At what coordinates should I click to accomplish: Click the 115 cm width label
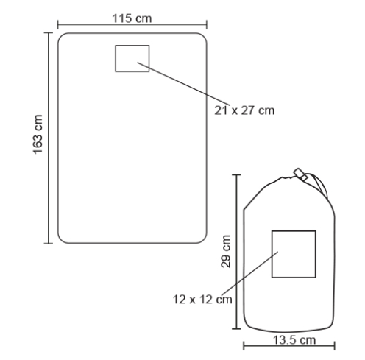click(x=132, y=18)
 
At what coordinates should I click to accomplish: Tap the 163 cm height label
click(x=38, y=134)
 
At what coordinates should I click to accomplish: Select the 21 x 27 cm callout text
click(x=244, y=110)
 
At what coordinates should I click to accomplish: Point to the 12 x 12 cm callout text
click(x=202, y=300)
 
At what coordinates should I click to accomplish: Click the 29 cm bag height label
click(x=226, y=251)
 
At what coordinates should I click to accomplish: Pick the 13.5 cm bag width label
click(x=294, y=340)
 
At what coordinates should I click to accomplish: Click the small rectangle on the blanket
click(x=132, y=46)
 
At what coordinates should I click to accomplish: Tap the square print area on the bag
click(x=294, y=231)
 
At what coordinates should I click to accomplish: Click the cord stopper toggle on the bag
click(x=300, y=174)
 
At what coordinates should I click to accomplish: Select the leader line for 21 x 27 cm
click(x=184, y=84)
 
